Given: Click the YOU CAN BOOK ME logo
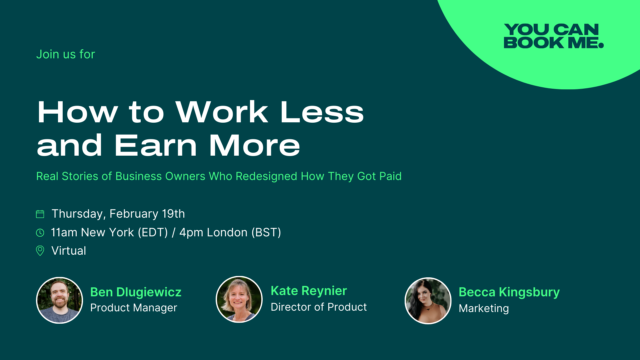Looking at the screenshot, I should [553, 36].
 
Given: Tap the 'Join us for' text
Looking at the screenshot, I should [66, 54].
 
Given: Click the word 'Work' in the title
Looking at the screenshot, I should [222, 112].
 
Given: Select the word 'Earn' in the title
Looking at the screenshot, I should [156, 146].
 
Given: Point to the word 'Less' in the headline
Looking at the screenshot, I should [322, 112].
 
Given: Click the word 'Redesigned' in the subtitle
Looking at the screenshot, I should [266, 176].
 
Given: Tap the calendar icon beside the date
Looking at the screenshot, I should [40, 214].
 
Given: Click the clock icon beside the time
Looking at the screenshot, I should [40, 233].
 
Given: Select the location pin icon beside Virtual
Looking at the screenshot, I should [40, 251].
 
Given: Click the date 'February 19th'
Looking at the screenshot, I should [147, 214].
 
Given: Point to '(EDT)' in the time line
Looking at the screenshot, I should [153, 233].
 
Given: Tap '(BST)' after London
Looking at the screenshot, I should [266, 233].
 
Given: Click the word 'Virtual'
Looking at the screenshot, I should [69, 251].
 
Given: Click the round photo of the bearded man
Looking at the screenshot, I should [59, 300].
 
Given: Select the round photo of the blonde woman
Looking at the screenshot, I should [239, 299].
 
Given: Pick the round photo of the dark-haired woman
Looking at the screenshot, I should [428, 301].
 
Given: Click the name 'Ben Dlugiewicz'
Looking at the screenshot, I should [136, 292].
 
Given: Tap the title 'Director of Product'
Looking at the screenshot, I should [319, 307].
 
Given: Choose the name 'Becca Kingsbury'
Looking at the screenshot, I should [509, 292].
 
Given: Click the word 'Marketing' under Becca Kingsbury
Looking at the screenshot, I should [484, 309].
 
